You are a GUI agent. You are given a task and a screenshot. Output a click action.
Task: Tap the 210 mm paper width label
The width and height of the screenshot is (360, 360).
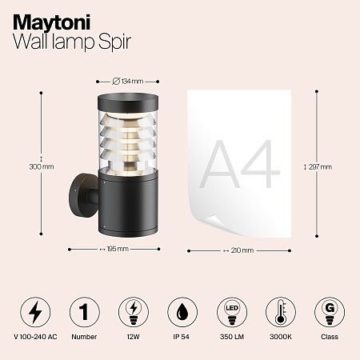pos(239,250)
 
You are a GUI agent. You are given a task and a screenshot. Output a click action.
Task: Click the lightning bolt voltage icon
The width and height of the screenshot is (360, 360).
pos(34,310)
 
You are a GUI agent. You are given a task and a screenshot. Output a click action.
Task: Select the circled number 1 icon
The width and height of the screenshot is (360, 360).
pos(83,310)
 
